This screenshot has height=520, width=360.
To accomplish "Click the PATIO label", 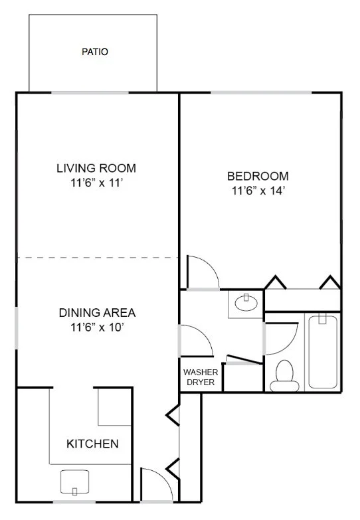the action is coord(95,52).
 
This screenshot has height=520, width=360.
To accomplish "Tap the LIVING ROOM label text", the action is coord(96,168).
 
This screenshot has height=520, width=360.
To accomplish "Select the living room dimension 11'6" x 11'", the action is coord(97,183).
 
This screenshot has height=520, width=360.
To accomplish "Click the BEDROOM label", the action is coord(258,176).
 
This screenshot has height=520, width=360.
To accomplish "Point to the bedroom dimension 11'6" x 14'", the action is coord(258,191).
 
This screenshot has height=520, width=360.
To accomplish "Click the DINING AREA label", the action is coord(97,313).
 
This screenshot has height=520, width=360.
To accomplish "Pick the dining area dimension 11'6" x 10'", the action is coord(97,327).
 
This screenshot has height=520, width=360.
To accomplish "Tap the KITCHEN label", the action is coord(92,444).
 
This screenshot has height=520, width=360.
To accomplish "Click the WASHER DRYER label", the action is coord(201,377).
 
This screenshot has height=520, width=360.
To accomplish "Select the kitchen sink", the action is coord(74,482).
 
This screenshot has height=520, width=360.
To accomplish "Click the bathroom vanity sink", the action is coord(246,302).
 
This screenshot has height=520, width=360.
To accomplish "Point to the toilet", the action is coord(284,376).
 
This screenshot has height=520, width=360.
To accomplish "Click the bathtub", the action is coord(323,352).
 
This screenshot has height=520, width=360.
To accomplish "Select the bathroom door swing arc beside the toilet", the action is coord(290,345).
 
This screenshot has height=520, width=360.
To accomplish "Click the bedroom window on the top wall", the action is coord(262,92).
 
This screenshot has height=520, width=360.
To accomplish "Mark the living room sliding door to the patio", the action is coord(90,92).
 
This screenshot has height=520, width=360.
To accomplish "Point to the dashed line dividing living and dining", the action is coord(98,258).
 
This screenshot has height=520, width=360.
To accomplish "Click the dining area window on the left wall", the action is coord(16,328).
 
